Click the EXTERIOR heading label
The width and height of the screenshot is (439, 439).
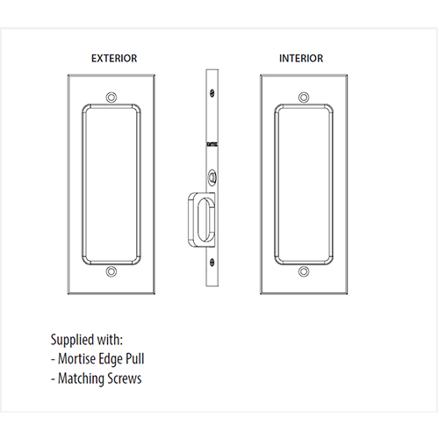click(114, 58)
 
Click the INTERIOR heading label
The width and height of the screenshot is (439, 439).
click(301, 58)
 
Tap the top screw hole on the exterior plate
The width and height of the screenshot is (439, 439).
click(112, 97)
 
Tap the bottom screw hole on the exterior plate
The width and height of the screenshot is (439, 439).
click(112, 271)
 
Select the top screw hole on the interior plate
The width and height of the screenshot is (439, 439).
click(304, 97)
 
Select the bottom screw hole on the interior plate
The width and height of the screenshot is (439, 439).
click(304, 271)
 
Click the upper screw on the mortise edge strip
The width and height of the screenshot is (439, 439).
click(212, 93)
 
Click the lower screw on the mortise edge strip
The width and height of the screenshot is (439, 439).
click(212, 263)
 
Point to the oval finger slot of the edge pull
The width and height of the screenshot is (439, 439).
click(205, 219)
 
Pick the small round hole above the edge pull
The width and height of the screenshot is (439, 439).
click(212, 176)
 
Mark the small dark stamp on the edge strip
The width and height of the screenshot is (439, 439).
click(212, 144)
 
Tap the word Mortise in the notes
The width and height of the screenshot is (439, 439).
click(76, 359)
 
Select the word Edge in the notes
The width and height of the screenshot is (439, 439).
click(111, 359)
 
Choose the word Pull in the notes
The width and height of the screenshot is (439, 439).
click(134, 359)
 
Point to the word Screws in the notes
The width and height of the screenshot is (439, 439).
click(120, 378)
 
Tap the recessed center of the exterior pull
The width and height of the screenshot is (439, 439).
click(112, 184)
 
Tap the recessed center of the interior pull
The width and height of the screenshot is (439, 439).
click(304, 184)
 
